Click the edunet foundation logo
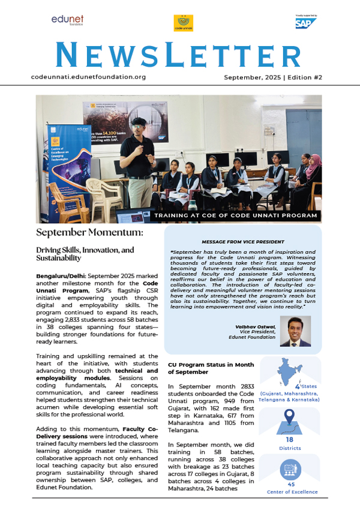click(67, 22)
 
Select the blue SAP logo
click(305, 23)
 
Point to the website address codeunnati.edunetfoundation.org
click(88, 77)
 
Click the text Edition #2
click(307, 78)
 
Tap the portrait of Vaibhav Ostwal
click(295, 332)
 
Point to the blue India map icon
click(292, 376)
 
